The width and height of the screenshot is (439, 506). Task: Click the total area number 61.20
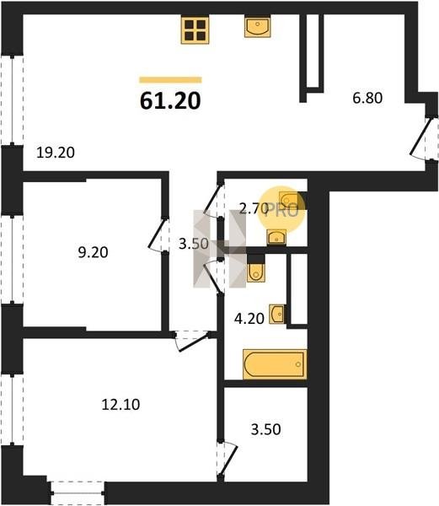pos(170,100)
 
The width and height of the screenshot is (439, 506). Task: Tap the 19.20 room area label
pos(56,153)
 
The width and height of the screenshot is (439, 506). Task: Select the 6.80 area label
pos(367,98)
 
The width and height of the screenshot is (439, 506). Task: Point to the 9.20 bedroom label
pos(93,252)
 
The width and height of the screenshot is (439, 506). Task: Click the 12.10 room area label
pos(120,404)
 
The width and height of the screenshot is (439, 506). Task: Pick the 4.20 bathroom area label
pos(249,319)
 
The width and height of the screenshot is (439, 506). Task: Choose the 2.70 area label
pos(254,209)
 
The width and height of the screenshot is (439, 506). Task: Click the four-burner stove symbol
pos(195,30)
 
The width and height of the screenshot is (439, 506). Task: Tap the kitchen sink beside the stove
pos(257,27)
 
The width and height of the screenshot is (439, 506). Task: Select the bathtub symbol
pos(275,364)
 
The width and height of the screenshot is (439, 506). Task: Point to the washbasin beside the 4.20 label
pos(277,314)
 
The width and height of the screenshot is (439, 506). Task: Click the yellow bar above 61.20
pos(170,80)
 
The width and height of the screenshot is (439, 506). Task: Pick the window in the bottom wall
pos(78,493)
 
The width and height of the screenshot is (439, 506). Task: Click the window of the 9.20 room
pos(12,260)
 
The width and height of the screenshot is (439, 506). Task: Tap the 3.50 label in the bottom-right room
pos(266,429)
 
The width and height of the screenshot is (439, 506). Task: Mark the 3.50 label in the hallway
pos(194,244)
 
